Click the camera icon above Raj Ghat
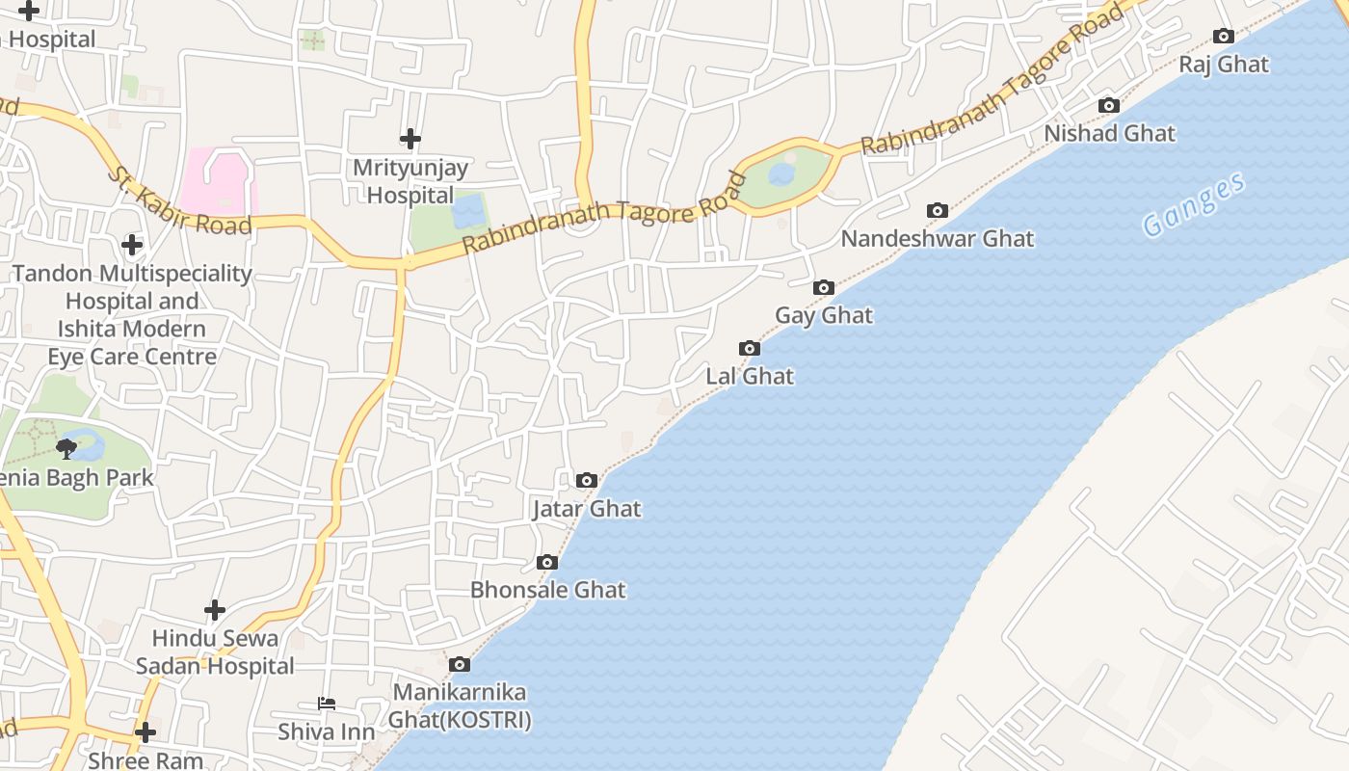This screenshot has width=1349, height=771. tap(1224, 37)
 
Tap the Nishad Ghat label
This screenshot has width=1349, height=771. tap(1110, 133)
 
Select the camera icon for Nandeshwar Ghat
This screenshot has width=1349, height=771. tap(937, 210)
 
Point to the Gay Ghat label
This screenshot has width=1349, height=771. tap(824, 315)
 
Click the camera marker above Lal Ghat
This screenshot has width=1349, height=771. tap(750, 348)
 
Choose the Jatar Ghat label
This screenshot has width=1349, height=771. tap(587, 508)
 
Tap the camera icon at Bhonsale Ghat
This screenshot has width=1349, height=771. tap(547, 562)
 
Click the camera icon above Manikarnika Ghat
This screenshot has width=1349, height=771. tap(460, 664)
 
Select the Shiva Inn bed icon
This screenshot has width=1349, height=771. tap(327, 705)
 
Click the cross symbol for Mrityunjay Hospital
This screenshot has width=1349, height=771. tap(410, 139)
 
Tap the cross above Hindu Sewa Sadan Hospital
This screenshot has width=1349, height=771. tap(215, 609)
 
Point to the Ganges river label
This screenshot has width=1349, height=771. tap(1195, 204)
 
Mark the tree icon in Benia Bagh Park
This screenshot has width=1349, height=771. tap(66, 447)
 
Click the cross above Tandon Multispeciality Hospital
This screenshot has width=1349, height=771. tap(132, 245)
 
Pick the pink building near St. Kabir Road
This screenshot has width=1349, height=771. tap(221, 180)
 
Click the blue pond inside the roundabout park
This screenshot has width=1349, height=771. tap(781, 173)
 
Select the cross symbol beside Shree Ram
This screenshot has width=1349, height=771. tap(145, 732)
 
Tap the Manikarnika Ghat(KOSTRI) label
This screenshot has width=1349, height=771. tap(460, 705)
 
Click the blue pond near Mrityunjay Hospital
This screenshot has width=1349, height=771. tap(469, 211)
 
